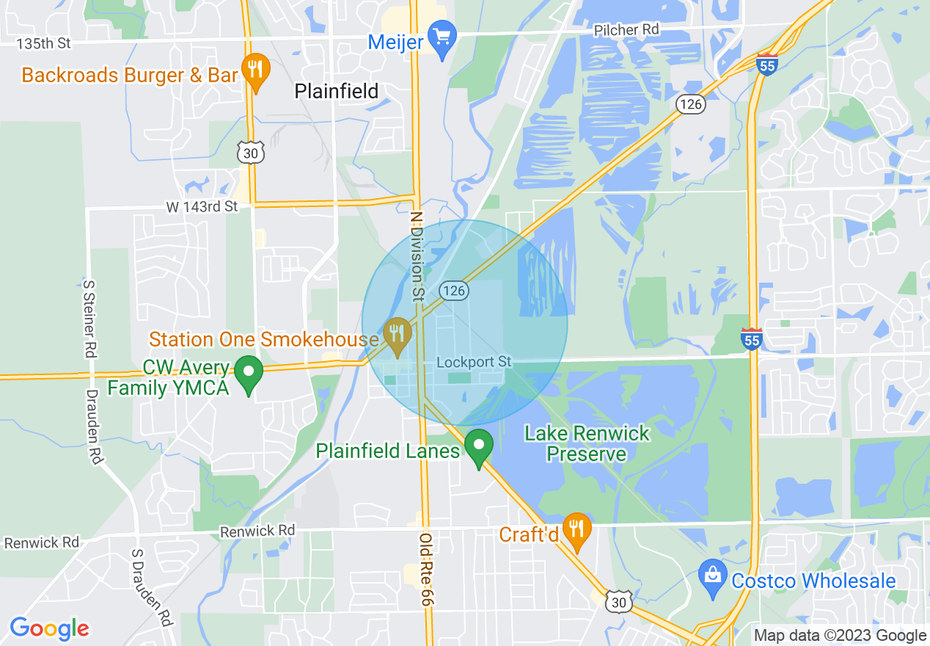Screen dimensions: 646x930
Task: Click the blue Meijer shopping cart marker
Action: tap(442, 38)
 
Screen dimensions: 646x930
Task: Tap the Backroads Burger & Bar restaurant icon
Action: tap(255, 71)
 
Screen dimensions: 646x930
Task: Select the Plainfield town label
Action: tap(337, 91)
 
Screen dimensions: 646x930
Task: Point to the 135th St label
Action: tap(44, 43)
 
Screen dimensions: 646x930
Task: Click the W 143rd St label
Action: tap(202, 207)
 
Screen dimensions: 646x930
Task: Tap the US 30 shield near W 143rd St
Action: tap(249, 153)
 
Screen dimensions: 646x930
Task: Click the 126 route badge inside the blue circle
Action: tap(454, 291)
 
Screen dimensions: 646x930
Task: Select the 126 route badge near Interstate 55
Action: tap(691, 104)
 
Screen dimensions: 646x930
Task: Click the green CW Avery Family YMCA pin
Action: tap(249, 373)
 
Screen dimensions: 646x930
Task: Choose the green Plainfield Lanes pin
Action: tap(479, 446)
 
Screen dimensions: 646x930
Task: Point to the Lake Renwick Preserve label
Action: tap(587, 443)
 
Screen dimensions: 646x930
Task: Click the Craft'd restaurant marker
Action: tap(578, 531)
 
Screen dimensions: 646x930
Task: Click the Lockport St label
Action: tap(473, 362)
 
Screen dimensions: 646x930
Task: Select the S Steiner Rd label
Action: tap(90, 317)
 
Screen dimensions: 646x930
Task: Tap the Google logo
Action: tap(49, 628)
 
